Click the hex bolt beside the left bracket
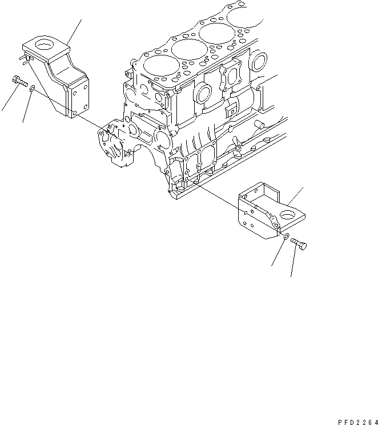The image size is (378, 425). [19, 83]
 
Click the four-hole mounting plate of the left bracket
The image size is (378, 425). [76, 97]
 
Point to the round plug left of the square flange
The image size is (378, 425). [203, 95]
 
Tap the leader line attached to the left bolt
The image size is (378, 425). [7, 100]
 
